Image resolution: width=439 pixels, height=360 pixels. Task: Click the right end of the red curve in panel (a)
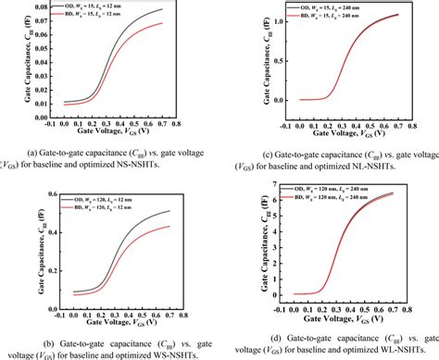point(189,24)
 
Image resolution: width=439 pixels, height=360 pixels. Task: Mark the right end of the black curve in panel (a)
point(189,8)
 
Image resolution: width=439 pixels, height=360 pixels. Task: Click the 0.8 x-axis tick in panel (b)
point(206,317)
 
